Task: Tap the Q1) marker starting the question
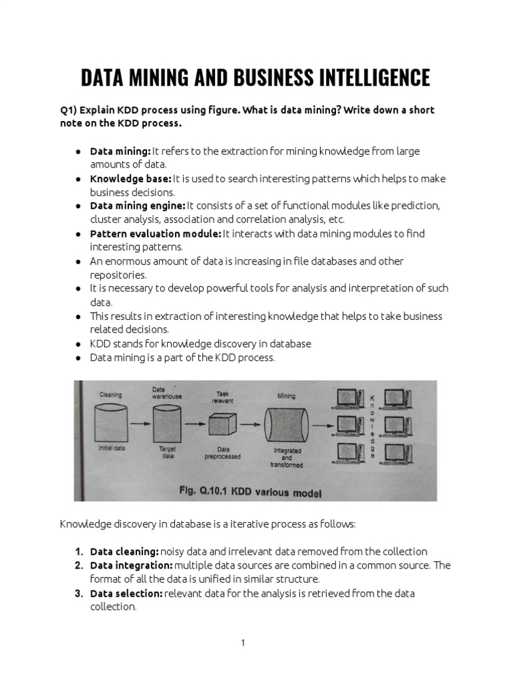(x=69, y=110)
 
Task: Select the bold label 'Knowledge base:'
(x=130, y=179)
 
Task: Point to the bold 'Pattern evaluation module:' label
(x=156, y=233)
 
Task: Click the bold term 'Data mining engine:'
(x=138, y=206)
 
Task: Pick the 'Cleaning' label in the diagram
(x=110, y=394)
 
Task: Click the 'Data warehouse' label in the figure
(x=167, y=393)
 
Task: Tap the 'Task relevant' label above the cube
(x=222, y=397)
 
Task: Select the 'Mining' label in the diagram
(x=286, y=396)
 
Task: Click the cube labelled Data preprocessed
(x=222, y=424)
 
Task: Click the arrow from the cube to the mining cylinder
(x=250, y=424)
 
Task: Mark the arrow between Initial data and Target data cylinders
(x=138, y=423)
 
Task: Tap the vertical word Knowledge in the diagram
(x=372, y=426)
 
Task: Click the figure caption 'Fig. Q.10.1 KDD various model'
(x=250, y=493)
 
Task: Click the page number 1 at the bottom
(x=244, y=642)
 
